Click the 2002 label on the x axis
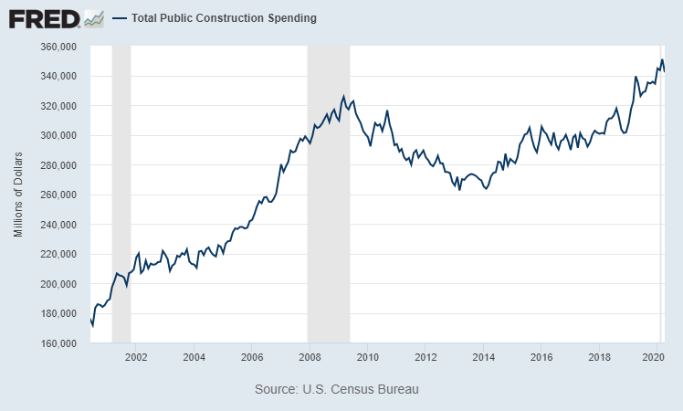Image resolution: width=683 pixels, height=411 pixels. pyautogui.click(x=135, y=356)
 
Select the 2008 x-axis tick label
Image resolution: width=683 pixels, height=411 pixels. pyautogui.click(x=309, y=356)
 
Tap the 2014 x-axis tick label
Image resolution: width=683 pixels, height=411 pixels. pyautogui.click(x=483, y=356)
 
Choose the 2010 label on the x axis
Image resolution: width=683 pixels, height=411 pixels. pyautogui.click(x=367, y=356)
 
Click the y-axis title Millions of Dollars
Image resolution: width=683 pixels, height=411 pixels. pyautogui.click(x=18, y=195)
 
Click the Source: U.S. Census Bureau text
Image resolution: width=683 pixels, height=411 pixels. pyautogui.click(x=337, y=389)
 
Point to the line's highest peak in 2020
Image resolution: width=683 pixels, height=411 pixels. pyautogui.click(x=662, y=60)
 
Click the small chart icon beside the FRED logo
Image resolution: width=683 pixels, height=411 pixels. pyautogui.click(x=93, y=17)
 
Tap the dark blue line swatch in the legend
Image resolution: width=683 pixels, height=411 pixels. pyautogui.click(x=119, y=18)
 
